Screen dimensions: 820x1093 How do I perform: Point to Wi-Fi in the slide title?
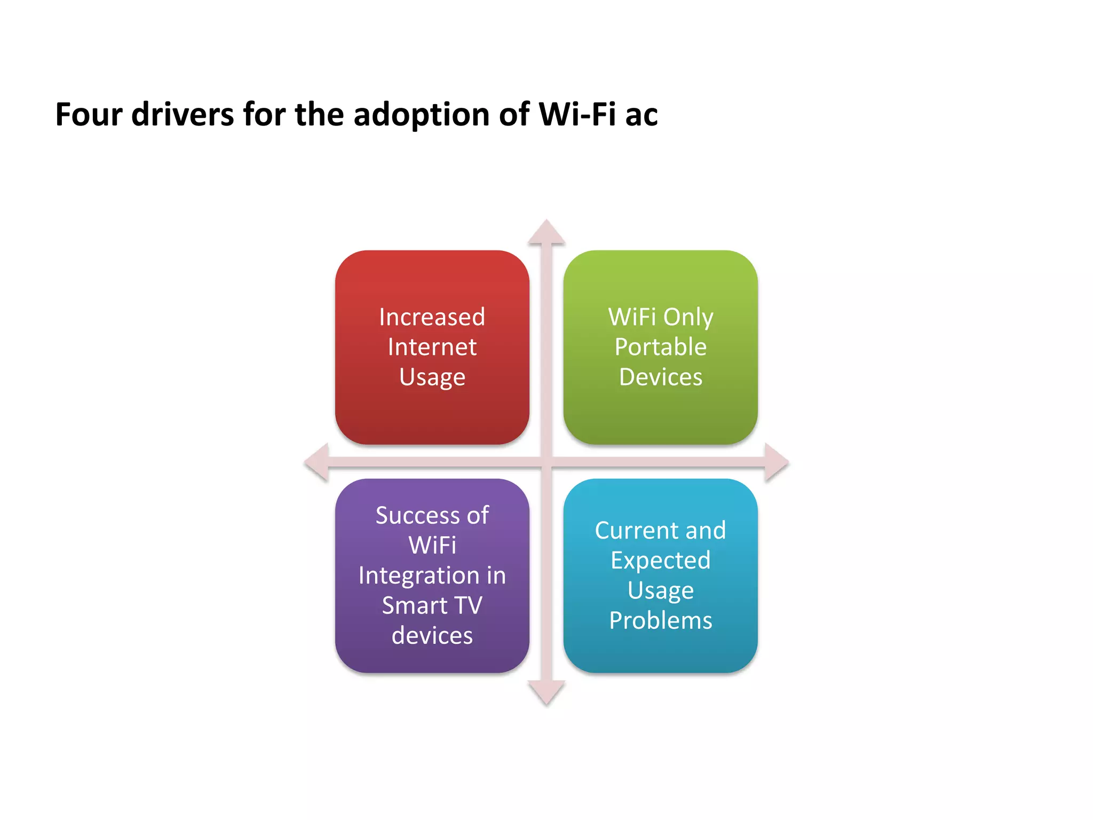coord(577,114)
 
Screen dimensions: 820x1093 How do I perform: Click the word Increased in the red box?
coord(432,317)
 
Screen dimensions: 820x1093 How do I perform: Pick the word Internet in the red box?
coord(432,347)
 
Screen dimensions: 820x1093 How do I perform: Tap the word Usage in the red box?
coord(432,377)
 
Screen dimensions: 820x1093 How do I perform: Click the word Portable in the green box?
coord(660,347)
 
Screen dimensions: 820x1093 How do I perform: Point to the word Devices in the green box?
coord(660,377)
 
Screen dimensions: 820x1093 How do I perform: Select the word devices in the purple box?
coord(432,635)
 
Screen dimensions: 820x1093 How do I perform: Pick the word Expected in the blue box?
coord(660,561)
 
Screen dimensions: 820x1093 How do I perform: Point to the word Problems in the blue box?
coord(660,620)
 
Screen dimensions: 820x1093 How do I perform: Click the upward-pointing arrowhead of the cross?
coord(546,233)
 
